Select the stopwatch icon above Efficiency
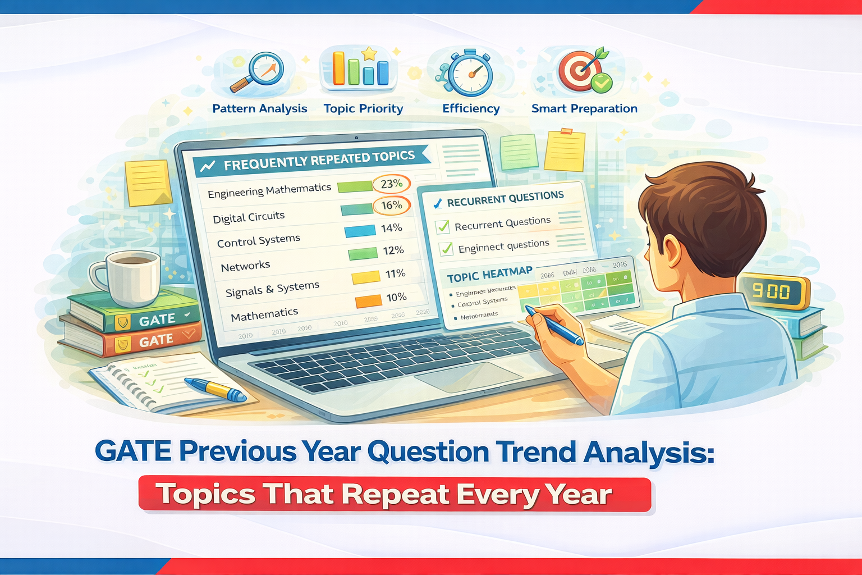[x=470, y=73]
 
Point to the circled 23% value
[x=391, y=184]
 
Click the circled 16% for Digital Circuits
[x=392, y=206]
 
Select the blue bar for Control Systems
[x=359, y=231]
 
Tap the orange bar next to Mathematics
[x=368, y=302]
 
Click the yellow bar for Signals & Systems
[x=365, y=277]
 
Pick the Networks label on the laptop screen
[x=245, y=266]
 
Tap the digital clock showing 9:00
[x=773, y=291]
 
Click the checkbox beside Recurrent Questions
[x=443, y=226]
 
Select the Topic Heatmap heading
[x=489, y=275]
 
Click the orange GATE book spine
[x=152, y=341]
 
